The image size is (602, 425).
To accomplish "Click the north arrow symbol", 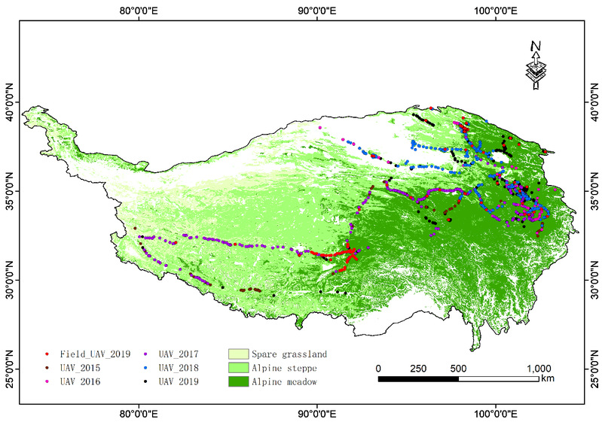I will (x=535, y=65).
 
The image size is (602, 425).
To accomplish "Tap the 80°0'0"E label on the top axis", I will (x=139, y=10).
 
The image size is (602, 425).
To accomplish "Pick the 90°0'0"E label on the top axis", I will (x=317, y=10).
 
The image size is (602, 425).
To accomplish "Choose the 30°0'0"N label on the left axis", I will (x=11, y=280).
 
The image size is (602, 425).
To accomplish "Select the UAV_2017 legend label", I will (x=178, y=354).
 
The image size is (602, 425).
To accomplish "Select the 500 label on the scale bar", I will (x=458, y=368).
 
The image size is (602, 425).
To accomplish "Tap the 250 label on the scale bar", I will (x=418, y=368).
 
